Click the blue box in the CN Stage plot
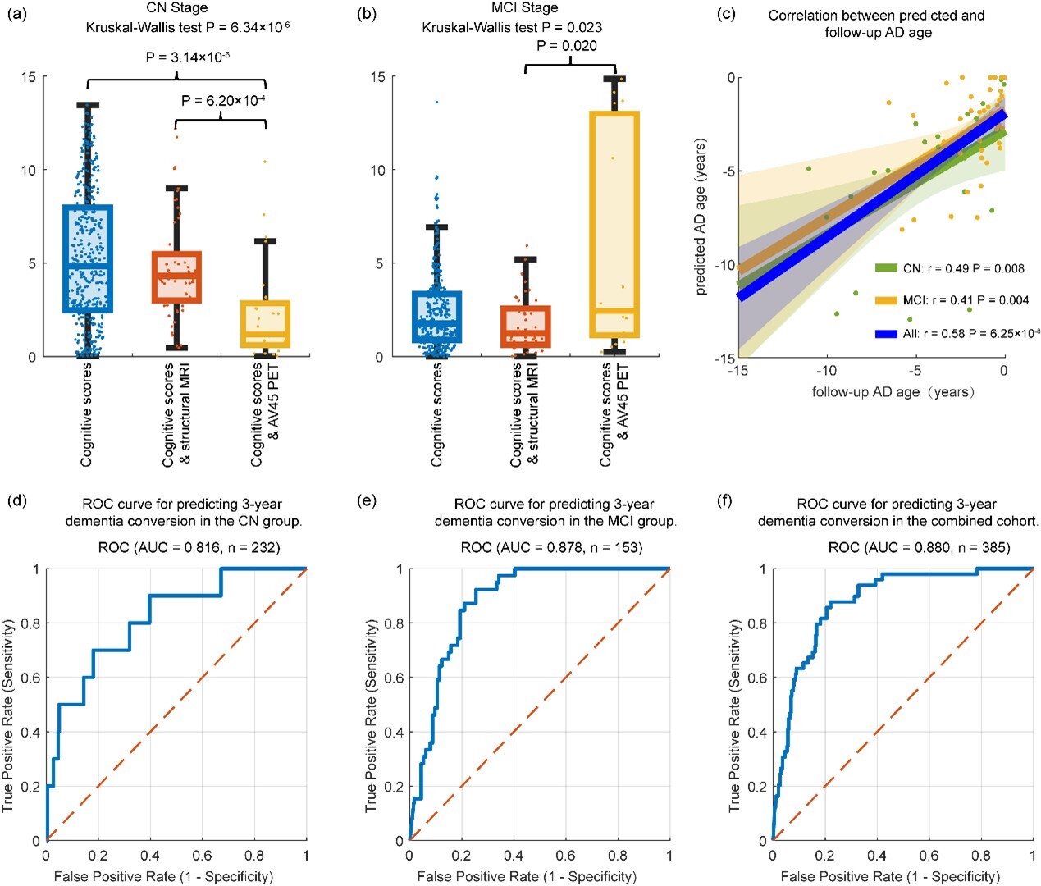88,258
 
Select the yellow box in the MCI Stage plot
614,225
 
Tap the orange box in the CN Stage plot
176,277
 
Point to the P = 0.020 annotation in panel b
566,46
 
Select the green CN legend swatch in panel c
886,268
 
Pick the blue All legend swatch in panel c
886,334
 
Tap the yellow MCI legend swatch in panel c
886,300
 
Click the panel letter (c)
726,16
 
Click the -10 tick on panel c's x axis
827,371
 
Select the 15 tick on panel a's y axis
29,77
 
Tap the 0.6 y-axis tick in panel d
30,678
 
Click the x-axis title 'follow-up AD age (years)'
893,392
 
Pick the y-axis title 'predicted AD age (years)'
701,217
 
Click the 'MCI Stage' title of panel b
524,8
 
